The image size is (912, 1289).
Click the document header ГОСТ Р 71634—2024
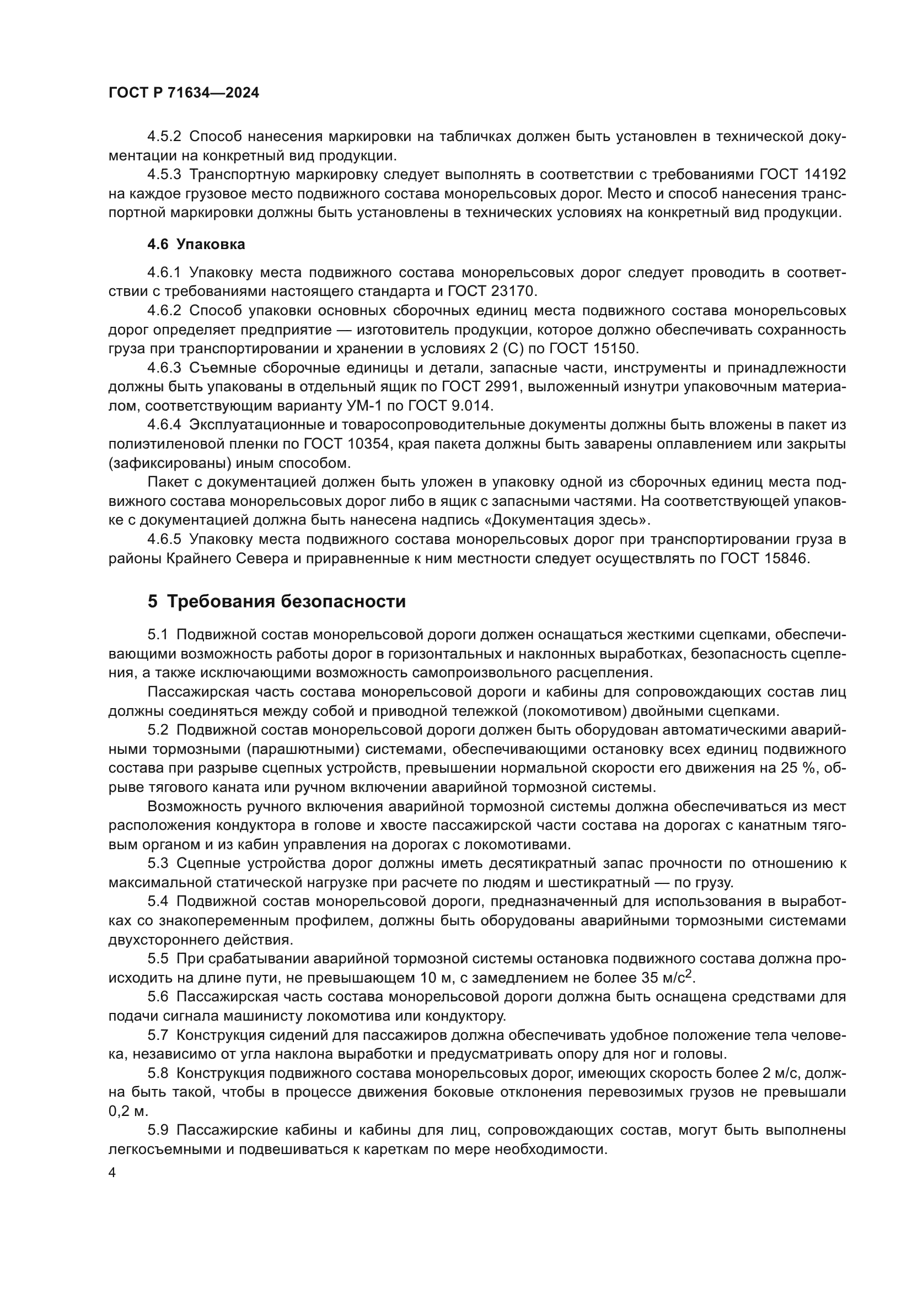(x=184, y=93)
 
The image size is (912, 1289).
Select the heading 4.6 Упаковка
(x=196, y=244)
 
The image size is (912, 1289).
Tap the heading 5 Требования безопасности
(x=276, y=601)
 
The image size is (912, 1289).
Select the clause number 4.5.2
(x=164, y=137)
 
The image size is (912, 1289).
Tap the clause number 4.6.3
(x=164, y=368)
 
